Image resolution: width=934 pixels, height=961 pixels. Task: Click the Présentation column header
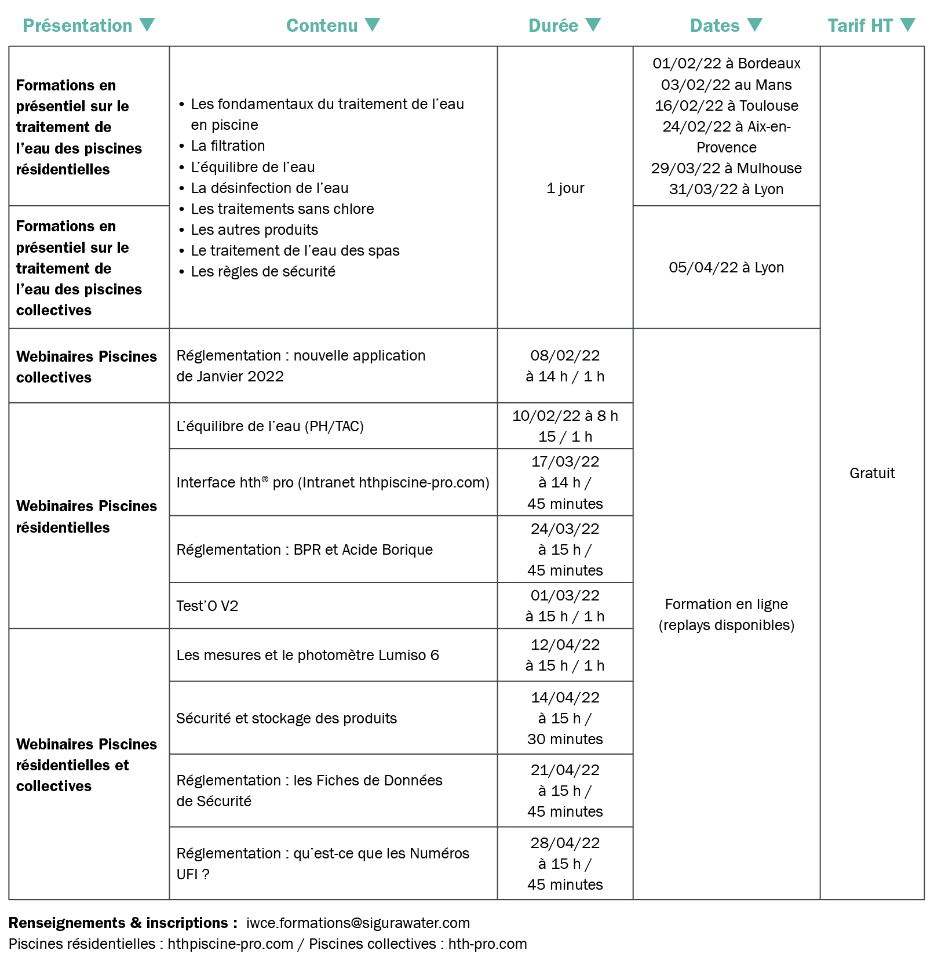(78, 26)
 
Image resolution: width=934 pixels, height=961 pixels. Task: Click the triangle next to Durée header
(593, 25)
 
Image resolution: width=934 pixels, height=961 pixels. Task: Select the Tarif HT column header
(860, 26)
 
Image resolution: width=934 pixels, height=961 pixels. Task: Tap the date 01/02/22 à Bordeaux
(726, 63)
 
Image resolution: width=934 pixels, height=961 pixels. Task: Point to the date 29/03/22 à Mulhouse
(726, 168)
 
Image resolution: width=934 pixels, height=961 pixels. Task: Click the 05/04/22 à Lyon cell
(726, 267)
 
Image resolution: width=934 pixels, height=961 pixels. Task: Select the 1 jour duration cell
(565, 188)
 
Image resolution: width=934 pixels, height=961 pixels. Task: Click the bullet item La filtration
(228, 145)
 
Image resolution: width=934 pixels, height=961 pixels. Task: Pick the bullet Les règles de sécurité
(263, 271)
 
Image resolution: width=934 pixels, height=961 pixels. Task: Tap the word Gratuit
(872, 473)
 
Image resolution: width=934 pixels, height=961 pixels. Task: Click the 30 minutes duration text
(565, 739)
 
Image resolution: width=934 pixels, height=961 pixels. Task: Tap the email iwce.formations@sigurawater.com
(357, 923)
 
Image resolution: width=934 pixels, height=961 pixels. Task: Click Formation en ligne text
(726, 604)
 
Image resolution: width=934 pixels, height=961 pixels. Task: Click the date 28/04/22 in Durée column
(565, 843)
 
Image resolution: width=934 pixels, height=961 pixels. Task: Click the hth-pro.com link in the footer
(487, 944)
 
